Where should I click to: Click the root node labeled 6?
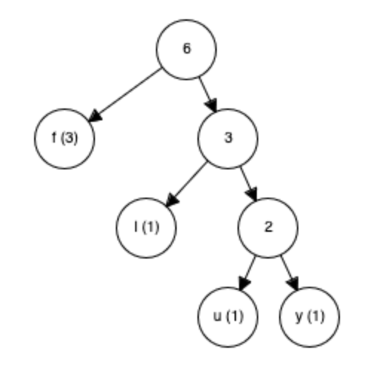(x=186, y=50)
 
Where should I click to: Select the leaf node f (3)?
(x=65, y=139)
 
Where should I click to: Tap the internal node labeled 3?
(x=228, y=139)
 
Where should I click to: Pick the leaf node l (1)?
(x=146, y=228)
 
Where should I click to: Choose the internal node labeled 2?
(x=268, y=228)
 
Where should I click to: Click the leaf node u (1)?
(x=228, y=317)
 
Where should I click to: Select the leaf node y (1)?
(x=310, y=317)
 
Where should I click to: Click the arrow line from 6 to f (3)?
(x=125, y=95)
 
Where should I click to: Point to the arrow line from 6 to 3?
(x=208, y=95)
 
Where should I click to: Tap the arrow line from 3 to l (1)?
(x=186, y=184)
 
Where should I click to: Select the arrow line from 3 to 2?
(x=249, y=184)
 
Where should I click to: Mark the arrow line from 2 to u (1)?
(x=247, y=273)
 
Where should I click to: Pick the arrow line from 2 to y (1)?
(x=289, y=273)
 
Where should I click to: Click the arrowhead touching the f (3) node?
(x=94, y=116)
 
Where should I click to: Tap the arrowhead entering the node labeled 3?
(x=212, y=105)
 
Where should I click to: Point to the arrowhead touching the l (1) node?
(x=172, y=200)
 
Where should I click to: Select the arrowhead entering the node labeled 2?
(x=252, y=194)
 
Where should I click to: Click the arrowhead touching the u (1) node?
(x=243, y=283)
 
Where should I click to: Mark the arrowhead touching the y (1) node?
(x=293, y=283)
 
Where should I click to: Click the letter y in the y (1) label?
(x=299, y=318)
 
